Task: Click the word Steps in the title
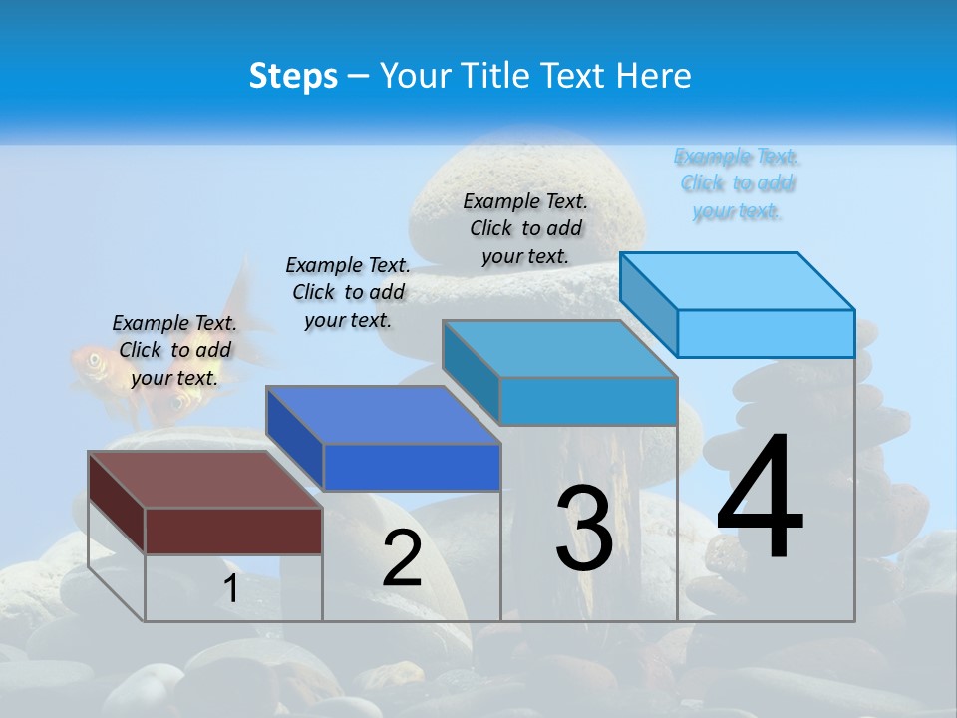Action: coord(293,76)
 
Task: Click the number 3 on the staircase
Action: coord(584,529)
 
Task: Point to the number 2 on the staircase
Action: coord(402,558)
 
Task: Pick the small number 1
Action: coord(230,589)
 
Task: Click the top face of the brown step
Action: coord(204,480)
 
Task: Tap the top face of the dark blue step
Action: coord(382,415)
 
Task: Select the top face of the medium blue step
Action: coord(559,349)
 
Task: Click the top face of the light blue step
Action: coord(737,281)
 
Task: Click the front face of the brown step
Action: coord(233,531)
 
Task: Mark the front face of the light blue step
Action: coord(766,333)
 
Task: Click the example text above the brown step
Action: coord(174,350)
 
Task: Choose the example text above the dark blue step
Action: coord(348,292)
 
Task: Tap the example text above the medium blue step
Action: coord(525,228)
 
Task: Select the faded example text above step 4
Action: coord(737,183)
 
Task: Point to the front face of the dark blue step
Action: coord(411,467)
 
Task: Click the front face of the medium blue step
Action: coord(588,401)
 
